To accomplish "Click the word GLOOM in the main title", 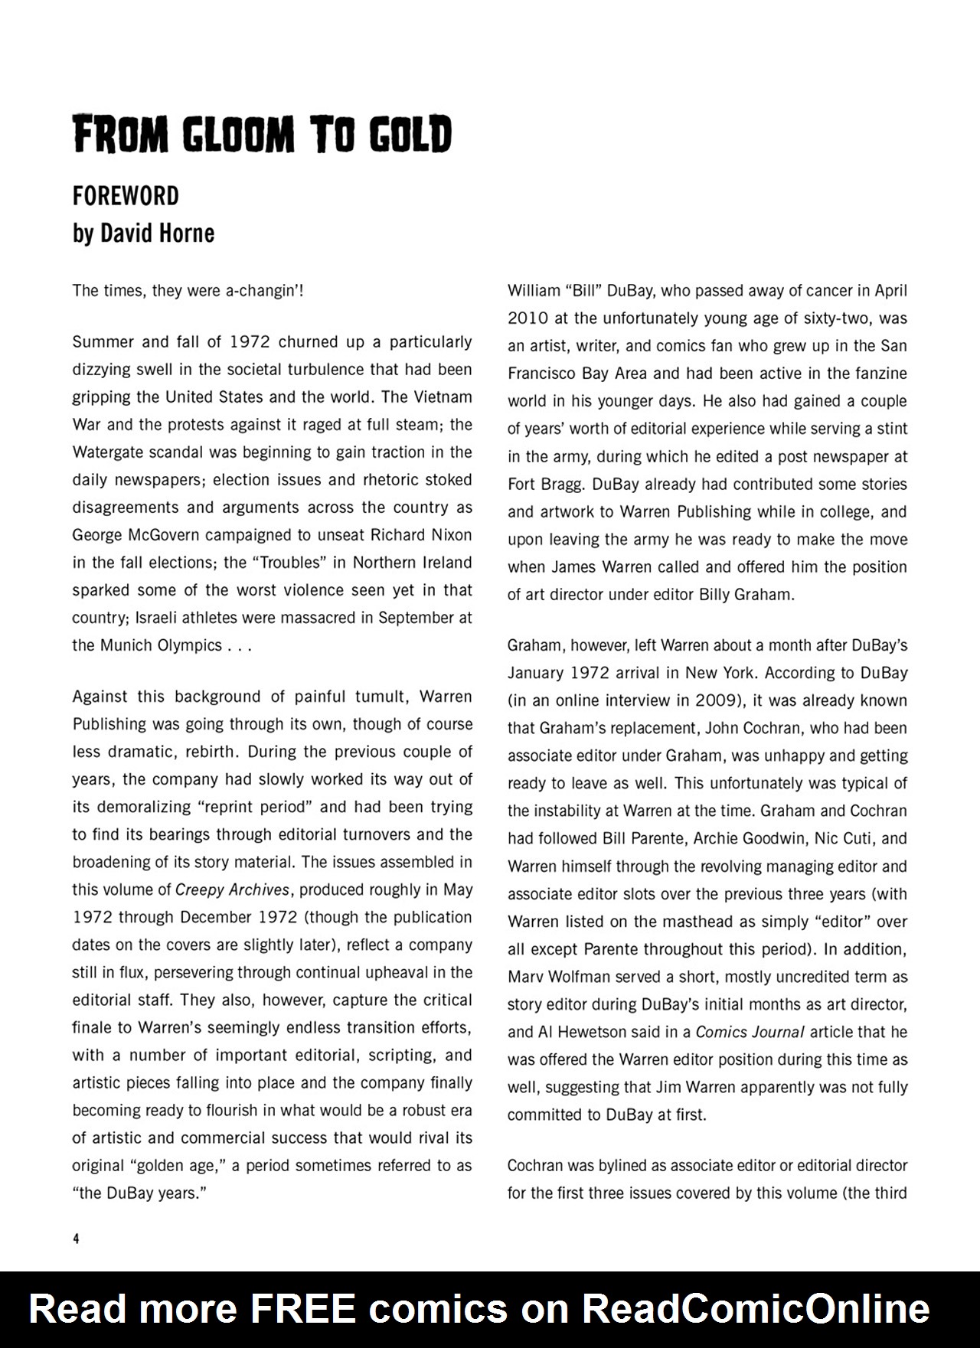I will pos(238,135).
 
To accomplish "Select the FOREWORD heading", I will pos(126,197).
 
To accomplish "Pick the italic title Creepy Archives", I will pos(233,890).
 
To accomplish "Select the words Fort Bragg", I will pos(535,485).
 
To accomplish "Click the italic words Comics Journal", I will pos(750,1032).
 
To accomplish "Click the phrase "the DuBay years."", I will pos(140,1193).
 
